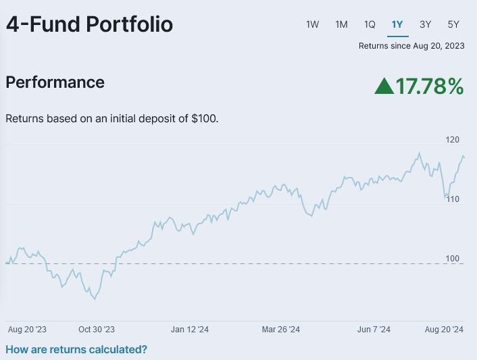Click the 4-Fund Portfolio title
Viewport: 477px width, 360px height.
point(89,25)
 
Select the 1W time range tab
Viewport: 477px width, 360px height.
point(312,24)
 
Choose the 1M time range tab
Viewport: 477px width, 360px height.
point(341,24)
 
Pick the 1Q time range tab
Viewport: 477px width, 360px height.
point(370,24)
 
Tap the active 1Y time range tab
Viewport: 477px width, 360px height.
point(397,24)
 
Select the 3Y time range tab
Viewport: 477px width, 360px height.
point(425,24)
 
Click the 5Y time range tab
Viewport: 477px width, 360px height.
point(453,24)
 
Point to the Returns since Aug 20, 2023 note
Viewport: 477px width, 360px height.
point(411,46)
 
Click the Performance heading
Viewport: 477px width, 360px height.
point(55,82)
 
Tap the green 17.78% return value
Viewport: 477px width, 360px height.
point(430,86)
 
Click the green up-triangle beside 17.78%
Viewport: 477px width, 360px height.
point(384,86)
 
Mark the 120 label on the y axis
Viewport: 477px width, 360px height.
point(452,140)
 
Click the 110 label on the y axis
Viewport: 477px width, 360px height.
point(452,199)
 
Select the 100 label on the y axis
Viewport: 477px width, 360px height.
point(452,259)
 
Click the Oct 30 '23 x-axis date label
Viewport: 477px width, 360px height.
point(97,330)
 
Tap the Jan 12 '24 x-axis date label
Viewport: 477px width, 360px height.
point(190,330)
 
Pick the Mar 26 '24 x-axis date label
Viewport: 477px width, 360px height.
point(280,330)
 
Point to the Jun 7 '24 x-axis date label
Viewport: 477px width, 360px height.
point(374,330)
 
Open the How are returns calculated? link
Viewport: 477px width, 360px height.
point(76,349)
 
